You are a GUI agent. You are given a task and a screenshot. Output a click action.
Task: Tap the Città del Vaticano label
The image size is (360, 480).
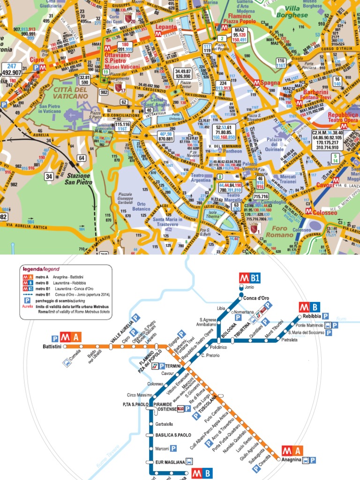[70, 92]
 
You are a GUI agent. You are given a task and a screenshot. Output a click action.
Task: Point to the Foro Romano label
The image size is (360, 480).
[283, 231]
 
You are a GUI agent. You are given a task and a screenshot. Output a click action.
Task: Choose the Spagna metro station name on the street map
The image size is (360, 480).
[270, 82]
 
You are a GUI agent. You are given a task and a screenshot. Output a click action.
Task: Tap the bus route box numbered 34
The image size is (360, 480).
[49, 176]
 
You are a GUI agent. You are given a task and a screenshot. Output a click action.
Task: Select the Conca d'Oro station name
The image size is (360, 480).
[255, 298]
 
